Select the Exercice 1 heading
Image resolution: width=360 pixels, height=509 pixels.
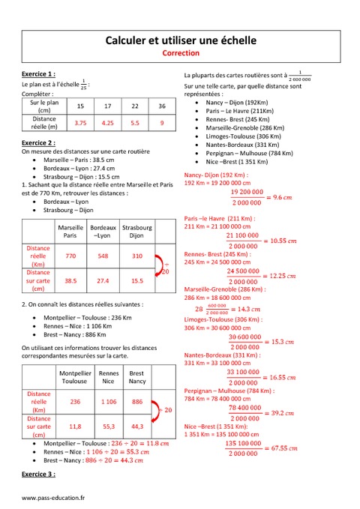pos(37,75)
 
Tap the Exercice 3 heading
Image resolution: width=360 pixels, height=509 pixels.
pos(37,475)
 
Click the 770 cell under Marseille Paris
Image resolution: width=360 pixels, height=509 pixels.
pos(70,256)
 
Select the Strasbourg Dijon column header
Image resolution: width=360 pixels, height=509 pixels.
pos(136,231)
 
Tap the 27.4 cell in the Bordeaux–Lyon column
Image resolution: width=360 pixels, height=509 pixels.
pos(103,280)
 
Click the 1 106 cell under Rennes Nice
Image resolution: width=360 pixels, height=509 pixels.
pos(109,402)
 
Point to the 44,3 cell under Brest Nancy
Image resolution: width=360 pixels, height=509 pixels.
pos(136,426)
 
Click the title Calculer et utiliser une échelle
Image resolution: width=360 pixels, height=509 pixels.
pos(180,39)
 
